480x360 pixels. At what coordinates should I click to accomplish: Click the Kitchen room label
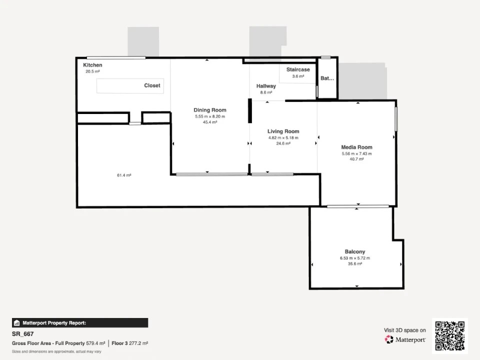tap(92, 65)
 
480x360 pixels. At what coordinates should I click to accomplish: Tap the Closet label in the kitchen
tap(152, 85)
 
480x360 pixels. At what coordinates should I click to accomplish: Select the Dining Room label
tap(210, 110)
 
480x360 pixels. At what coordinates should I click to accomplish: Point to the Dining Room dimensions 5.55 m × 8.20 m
tap(210, 116)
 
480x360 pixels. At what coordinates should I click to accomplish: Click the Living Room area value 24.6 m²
tap(283, 143)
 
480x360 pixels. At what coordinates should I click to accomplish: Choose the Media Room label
tap(356, 147)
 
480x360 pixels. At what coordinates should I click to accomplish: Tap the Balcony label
tap(355, 251)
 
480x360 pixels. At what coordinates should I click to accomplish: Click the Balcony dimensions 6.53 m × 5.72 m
tap(355, 258)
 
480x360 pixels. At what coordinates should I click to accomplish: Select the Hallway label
tap(266, 86)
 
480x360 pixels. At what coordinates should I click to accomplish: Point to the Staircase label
tap(298, 69)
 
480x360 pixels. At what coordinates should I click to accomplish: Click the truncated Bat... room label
tap(327, 78)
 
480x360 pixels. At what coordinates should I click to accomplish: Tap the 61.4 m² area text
tap(124, 175)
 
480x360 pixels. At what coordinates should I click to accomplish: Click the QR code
tap(450, 336)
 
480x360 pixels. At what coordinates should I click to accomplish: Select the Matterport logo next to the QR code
tap(405, 339)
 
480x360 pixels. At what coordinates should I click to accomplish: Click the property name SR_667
tap(22, 334)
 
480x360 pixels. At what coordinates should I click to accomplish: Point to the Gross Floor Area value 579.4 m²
tap(95, 343)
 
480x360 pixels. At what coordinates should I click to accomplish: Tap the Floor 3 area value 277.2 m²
tap(138, 343)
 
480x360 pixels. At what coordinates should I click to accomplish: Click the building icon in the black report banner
tap(17, 323)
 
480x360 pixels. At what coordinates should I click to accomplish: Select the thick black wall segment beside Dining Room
tap(250, 111)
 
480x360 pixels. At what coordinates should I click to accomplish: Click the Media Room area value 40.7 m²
tap(356, 159)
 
